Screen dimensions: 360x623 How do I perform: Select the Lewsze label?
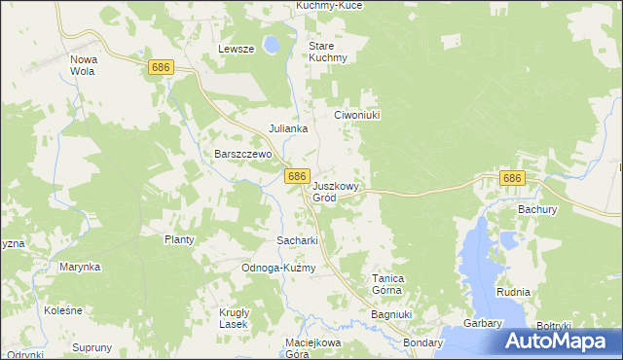pyautogui.click(x=237, y=49)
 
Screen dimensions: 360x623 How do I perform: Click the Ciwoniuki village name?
pyautogui.click(x=356, y=114)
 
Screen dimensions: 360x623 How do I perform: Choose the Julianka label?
pyautogui.click(x=289, y=128)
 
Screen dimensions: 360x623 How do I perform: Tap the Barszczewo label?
pyautogui.click(x=241, y=154)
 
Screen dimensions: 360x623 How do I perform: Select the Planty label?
pyautogui.click(x=179, y=239)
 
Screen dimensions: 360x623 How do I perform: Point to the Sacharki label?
pyautogui.click(x=298, y=239)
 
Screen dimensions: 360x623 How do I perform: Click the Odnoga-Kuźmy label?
pyautogui.click(x=278, y=268)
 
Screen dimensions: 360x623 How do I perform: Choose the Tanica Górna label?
pyautogui.click(x=388, y=283)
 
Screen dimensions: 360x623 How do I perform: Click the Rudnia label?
pyautogui.click(x=512, y=292)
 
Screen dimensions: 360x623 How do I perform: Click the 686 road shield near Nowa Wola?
pyautogui.click(x=162, y=66)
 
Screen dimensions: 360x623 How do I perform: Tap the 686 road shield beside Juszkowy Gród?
pyautogui.click(x=298, y=177)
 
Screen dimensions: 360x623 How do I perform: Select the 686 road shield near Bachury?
pyautogui.click(x=512, y=179)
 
